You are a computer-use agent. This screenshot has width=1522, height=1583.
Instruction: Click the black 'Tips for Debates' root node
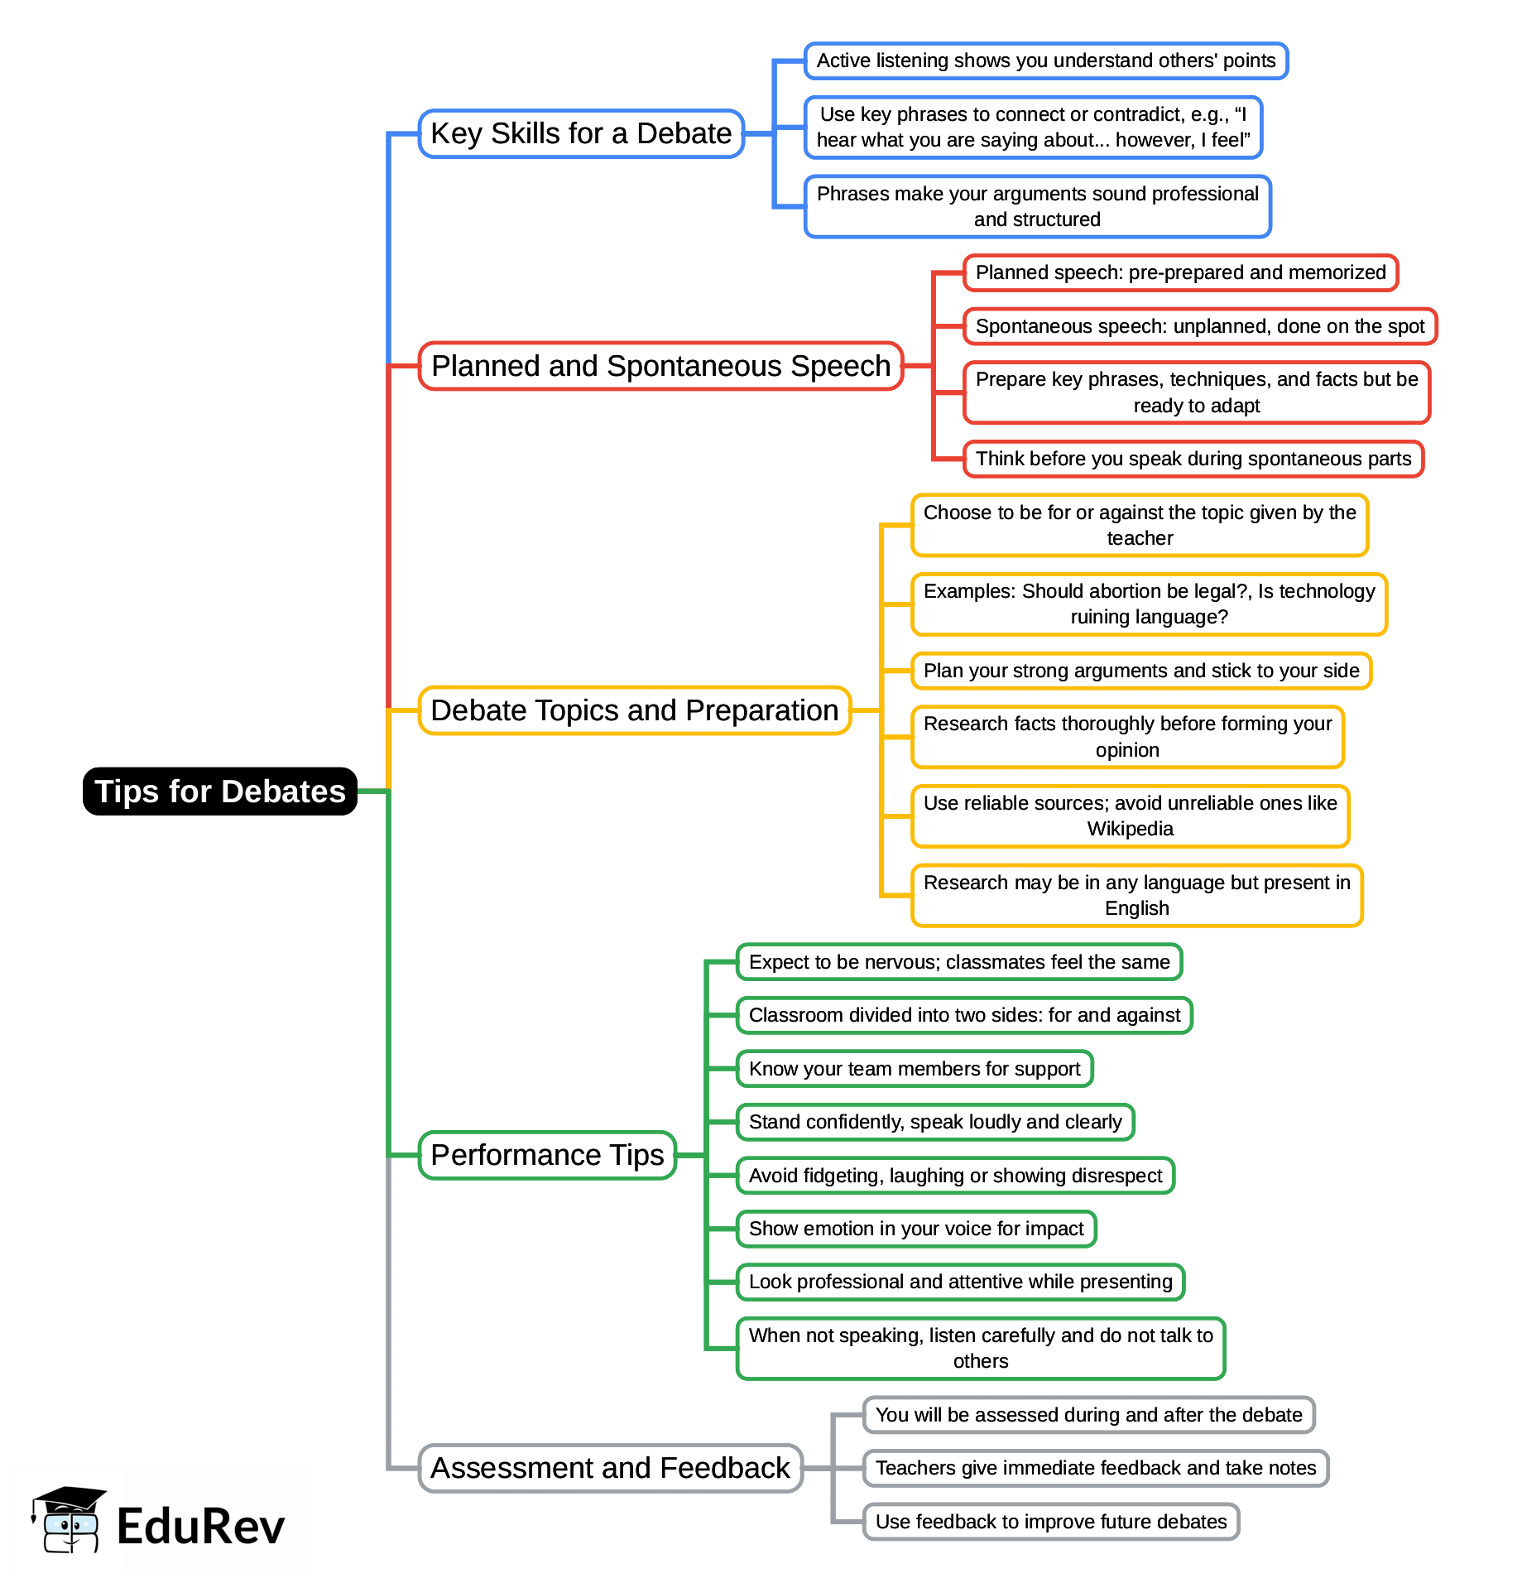pyautogui.click(x=219, y=791)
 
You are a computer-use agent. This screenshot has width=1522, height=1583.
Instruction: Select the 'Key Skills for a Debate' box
pyautogui.click(x=581, y=133)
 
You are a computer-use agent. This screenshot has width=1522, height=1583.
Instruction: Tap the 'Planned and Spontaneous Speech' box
pyautogui.click(x=660, y=366)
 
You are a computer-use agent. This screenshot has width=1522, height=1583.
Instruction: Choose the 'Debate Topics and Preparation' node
pyautogui.click(x=634, y=710)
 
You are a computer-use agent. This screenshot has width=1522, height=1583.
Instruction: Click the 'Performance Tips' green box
pyautogui.click(x=547, y=1155)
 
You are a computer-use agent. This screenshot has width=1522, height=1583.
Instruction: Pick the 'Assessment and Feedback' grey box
pyautogui.click(x=610, y=1468)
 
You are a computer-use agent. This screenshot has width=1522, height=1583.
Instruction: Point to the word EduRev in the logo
pyautogui.click(x=200, y=1527)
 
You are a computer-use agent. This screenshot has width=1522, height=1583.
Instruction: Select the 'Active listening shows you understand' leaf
pyautogui.click(x=1045, y=60)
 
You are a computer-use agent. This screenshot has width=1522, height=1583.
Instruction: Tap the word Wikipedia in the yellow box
pyautogui.click(x=1130, y=829)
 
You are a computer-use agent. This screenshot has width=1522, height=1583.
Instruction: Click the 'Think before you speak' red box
pyautogui.click(x=1193, y=459)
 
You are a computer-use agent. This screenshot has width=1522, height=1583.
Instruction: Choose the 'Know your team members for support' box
pyautogui.click(x=914, y=1069)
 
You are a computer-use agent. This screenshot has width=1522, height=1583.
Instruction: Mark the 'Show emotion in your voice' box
pyautogui.click(x=915, y=1229)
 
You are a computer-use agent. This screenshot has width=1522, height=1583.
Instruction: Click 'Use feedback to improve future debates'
pyautogui.click(x=1050, y=1522)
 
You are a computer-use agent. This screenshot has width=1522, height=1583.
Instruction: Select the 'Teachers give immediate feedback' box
pyautogui.click(x=1095, y=1468)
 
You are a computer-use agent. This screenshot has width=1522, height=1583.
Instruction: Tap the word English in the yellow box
pyautogui.click(x=1136, y=908)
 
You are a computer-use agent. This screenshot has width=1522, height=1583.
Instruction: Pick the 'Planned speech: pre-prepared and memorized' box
pyautogui.click(x=1180, y=272)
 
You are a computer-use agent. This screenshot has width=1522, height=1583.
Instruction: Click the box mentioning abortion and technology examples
pyautogui.click(x=1149, y=604)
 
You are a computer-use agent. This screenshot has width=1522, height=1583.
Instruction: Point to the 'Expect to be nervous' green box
pyautogui.click(x=958, y=962)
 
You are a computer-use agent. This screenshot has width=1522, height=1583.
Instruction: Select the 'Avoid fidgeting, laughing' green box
pyautogui.click(x=955, y=1176)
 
